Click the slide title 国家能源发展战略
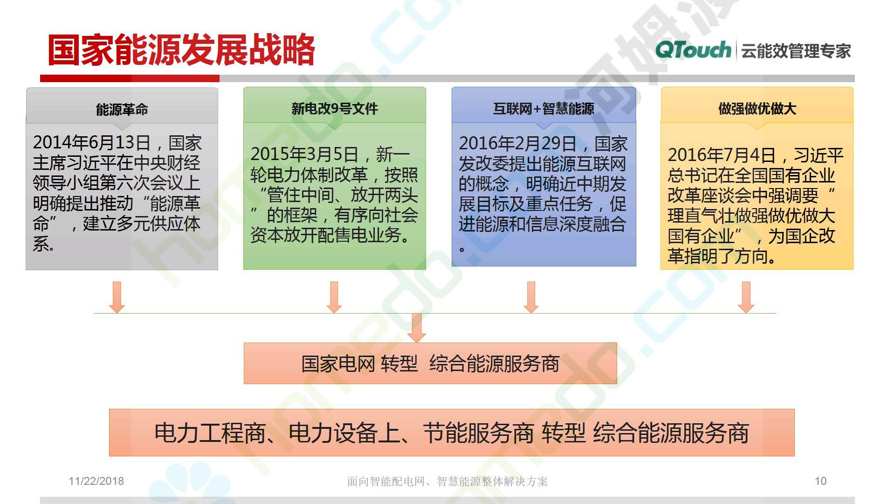(181, 49)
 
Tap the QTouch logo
(693, 50)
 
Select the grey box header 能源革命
(122, 109)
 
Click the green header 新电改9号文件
(335, 109)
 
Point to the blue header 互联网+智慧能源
(544, 109)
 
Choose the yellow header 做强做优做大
(757, 109)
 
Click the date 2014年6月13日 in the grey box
(92, 142)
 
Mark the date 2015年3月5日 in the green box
(304, 154)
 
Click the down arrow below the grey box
(117, 297)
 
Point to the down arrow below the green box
(334, 297)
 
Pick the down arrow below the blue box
(531, 297)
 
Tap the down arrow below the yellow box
(746, 297)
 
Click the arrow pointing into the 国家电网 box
(416, 328)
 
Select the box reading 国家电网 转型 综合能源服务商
(430, 363)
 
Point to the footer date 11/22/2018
(96, 481)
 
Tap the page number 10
(820, 481)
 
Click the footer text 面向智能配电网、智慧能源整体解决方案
(447, 481)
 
